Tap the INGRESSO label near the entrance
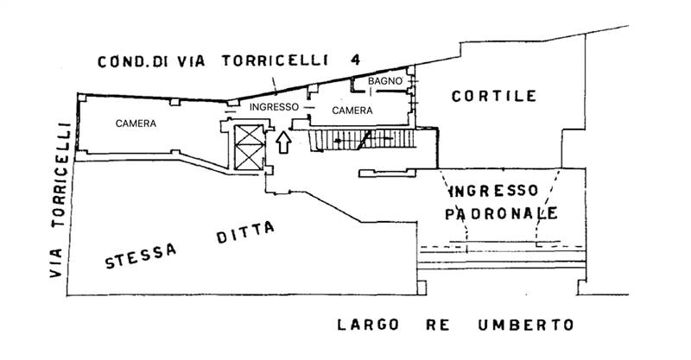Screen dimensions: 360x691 coord(274,107)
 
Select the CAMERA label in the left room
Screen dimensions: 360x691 coord(136,124)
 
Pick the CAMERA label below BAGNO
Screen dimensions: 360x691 coord(352,111)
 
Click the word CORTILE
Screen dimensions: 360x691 coord(494,97)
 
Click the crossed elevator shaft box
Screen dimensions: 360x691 coord(248,147)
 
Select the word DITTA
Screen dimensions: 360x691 coord(244,232)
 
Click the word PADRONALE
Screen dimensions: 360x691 coord(501,213)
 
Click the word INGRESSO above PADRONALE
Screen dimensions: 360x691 coord(494,190)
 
